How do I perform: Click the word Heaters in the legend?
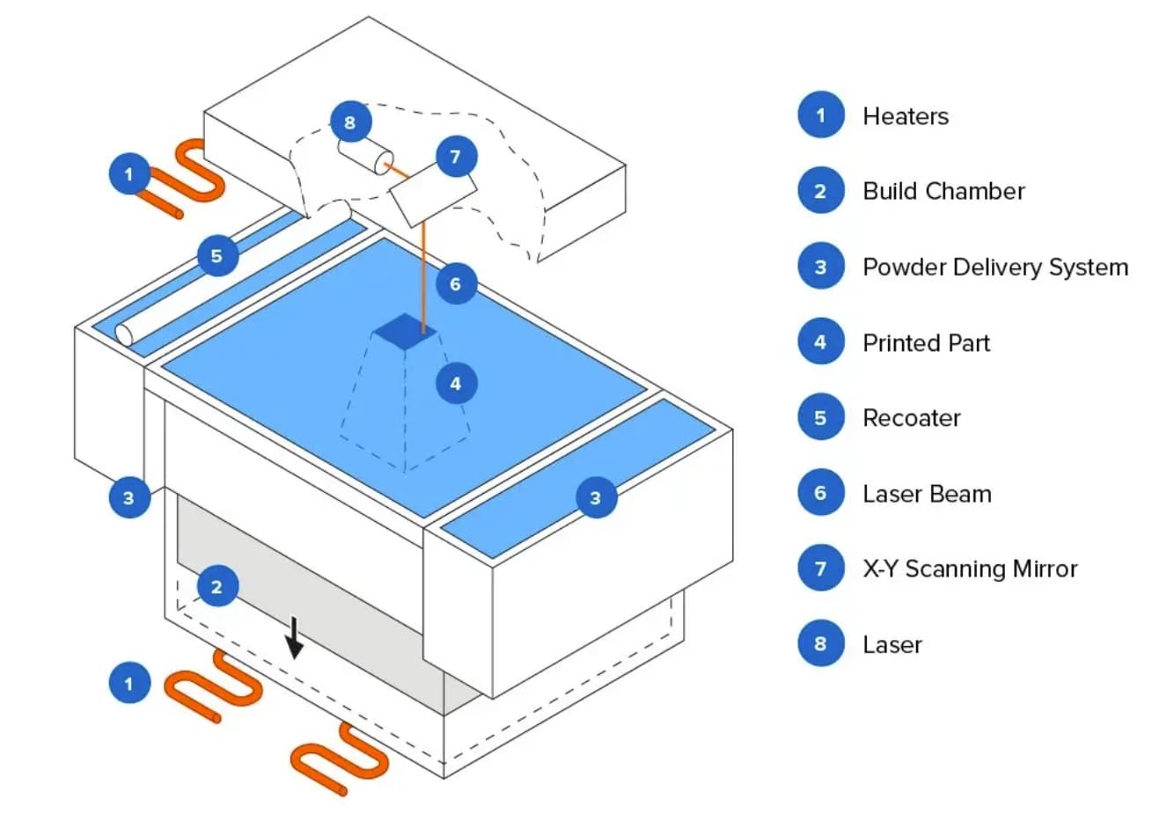(905, 116)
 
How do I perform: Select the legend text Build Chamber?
(943, 191)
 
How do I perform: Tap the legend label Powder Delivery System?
(995, 267)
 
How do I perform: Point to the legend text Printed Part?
(926, 342)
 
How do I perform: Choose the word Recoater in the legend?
(911, 418)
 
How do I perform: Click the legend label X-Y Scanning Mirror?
(969, 569)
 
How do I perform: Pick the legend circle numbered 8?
(820, 643)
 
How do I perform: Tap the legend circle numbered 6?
(820, 493)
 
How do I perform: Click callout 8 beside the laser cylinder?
(350, 122)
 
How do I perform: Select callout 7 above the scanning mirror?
(455, 157)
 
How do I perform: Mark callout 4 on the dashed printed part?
(456, 383)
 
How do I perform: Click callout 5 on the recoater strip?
(217, 256)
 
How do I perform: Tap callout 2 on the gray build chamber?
(217, 586)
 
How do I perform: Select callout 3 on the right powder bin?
(595, 498)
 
